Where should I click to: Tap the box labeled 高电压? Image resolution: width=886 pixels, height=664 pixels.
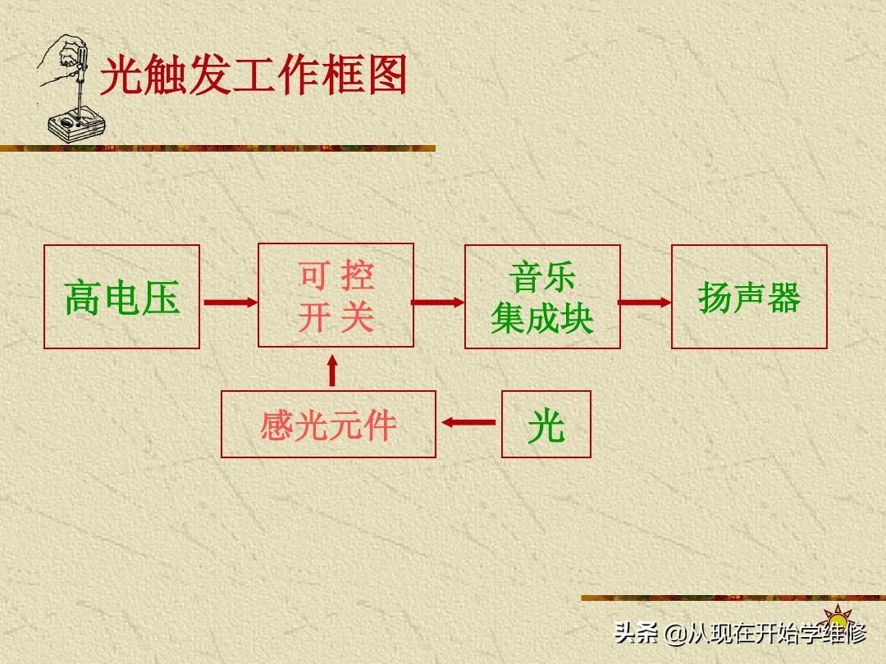point(121,297)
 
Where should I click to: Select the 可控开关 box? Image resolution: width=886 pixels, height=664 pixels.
point(336,296)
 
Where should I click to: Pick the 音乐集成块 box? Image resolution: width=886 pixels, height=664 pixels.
point(542,297)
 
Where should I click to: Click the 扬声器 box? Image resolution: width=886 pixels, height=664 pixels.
point(749,297)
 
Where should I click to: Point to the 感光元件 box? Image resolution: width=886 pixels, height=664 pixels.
point(328,424)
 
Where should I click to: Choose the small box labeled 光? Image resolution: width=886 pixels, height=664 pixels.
point(546,424)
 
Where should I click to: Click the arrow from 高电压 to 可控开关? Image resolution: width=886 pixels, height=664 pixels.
point(229,302)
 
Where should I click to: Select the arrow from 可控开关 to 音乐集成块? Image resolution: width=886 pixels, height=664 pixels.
point(438,302)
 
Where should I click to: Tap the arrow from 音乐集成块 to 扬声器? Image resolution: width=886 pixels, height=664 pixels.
point(645,302)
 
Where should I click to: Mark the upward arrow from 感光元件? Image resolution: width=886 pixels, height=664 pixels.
point(332,371)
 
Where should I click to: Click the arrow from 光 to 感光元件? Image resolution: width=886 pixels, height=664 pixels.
point(468,423)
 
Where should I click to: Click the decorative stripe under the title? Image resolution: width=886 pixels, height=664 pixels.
point(217,148)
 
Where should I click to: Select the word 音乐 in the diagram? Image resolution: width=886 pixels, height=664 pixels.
point(542,277)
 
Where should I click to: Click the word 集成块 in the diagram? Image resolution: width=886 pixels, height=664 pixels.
point(542,319)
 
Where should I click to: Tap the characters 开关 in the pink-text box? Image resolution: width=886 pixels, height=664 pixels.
point(336,317)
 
